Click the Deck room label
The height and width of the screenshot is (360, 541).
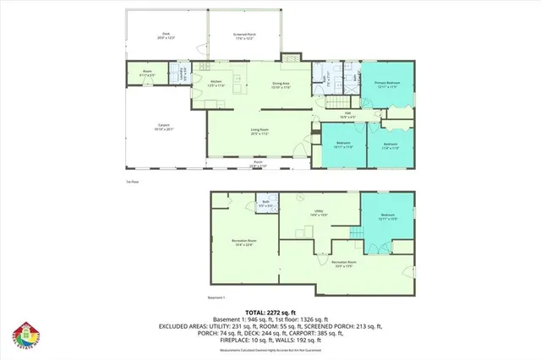point(164,36)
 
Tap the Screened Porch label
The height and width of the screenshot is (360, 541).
point(246,35)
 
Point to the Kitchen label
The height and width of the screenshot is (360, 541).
point(216,84)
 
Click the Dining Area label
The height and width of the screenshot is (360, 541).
point(281,85)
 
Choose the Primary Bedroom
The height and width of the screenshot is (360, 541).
point(386,84)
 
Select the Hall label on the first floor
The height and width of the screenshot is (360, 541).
point(347,117)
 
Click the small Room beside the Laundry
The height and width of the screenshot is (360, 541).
point(146,73)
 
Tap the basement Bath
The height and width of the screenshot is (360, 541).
point(265,204)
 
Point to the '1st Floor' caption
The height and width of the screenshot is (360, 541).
point(131,181)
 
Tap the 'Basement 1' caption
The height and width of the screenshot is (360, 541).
point(219,297)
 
